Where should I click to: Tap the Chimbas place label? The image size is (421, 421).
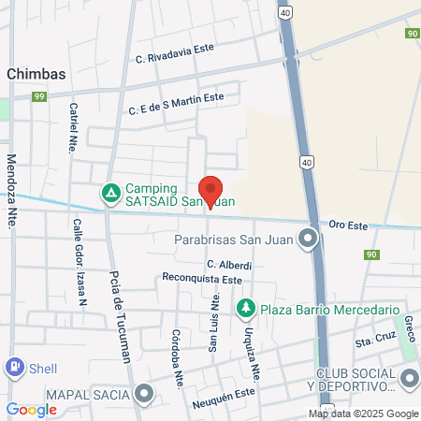(x=35, y=72)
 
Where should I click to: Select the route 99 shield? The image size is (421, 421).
(x=38, y=96)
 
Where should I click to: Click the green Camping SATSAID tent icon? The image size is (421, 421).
(x=110, y=193)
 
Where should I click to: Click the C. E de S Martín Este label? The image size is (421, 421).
(x=177, y=97)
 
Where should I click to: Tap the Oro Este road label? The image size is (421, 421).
(x=351, y=225)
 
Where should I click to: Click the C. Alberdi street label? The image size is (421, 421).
(x=229, y=265)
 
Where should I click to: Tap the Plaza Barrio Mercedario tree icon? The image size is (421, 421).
(x=245, y=308)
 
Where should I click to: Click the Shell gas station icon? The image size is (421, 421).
(x=15, y=368)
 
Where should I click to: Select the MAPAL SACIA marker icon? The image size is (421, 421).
(x=143, y=394)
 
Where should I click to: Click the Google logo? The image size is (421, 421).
(x=31, y=410)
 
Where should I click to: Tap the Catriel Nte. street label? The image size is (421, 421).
(x=73, y=127)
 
